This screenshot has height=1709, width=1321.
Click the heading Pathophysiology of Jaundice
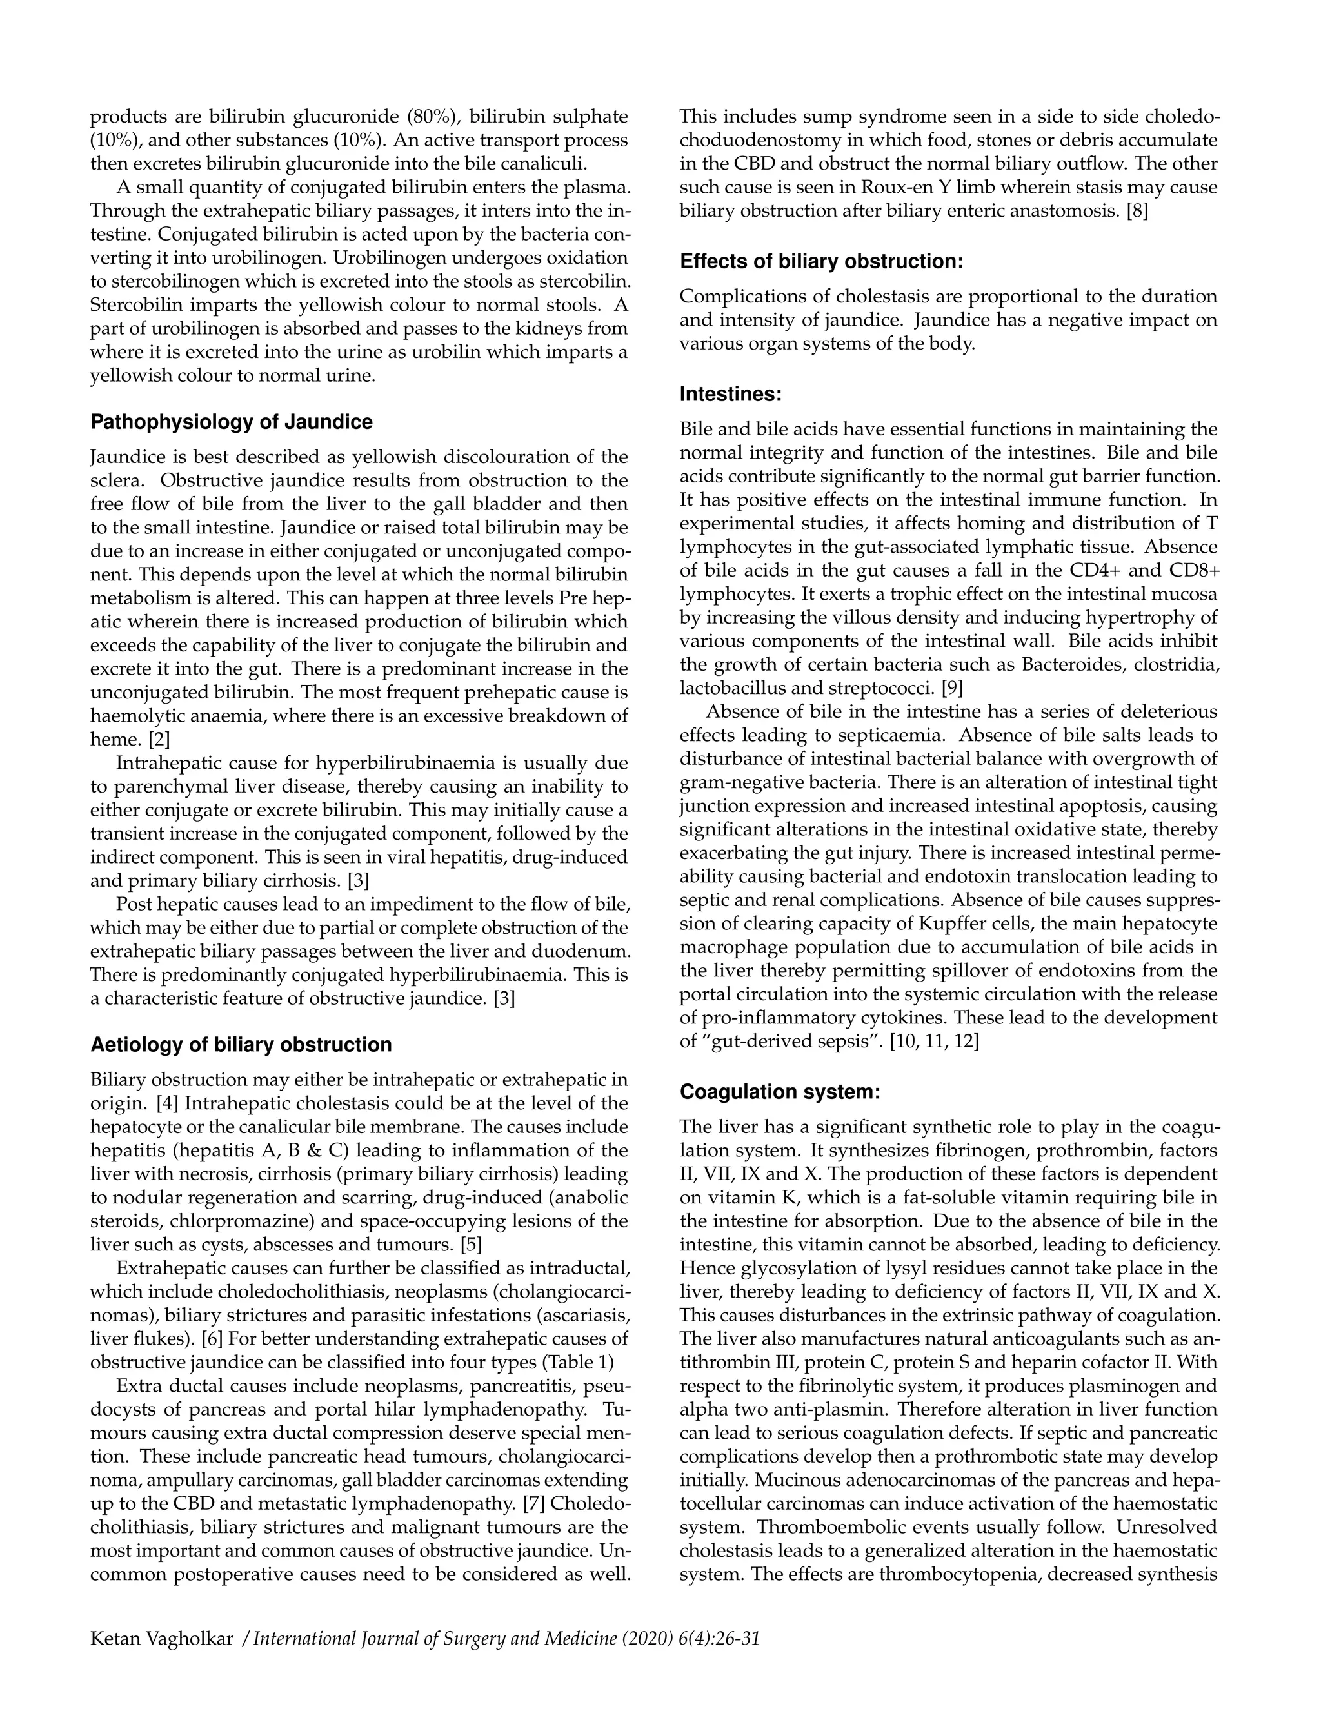232,422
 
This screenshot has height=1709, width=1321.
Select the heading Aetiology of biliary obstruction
241,1045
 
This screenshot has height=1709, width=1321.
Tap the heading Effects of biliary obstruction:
821,261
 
